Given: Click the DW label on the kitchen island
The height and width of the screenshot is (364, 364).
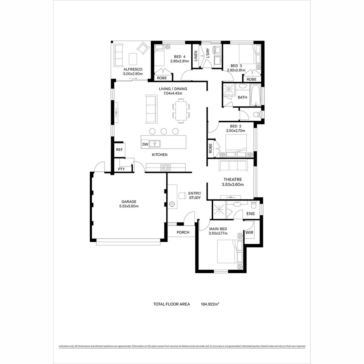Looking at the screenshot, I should tap(145, 144).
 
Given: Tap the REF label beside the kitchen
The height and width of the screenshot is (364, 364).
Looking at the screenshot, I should tap(119, 150).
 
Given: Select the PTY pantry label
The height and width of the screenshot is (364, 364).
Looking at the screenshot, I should tap(121, 169).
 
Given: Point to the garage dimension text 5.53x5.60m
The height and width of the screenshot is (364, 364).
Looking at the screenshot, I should tap(129, 206).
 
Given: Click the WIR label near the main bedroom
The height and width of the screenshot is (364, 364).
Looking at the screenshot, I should tap(249, 233).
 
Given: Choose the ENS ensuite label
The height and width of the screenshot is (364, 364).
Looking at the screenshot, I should tap(250, 214).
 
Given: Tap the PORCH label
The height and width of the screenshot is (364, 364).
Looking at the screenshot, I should tap(183, 232).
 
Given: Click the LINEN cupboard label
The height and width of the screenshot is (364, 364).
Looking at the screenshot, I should tap(196, 57).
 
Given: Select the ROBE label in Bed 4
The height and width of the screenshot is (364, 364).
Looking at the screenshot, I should tap(162, 78).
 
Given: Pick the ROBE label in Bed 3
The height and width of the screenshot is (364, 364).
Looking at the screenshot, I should tap(251, 79).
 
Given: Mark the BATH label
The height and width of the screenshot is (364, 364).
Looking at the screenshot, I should tap(242, 97).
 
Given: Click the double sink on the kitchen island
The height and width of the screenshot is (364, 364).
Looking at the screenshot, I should tap(155, 144).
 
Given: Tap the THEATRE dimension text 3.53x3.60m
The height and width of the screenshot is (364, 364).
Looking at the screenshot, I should tap(233, 185).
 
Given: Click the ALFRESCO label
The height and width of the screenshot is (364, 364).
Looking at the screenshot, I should tap(133, 69).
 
